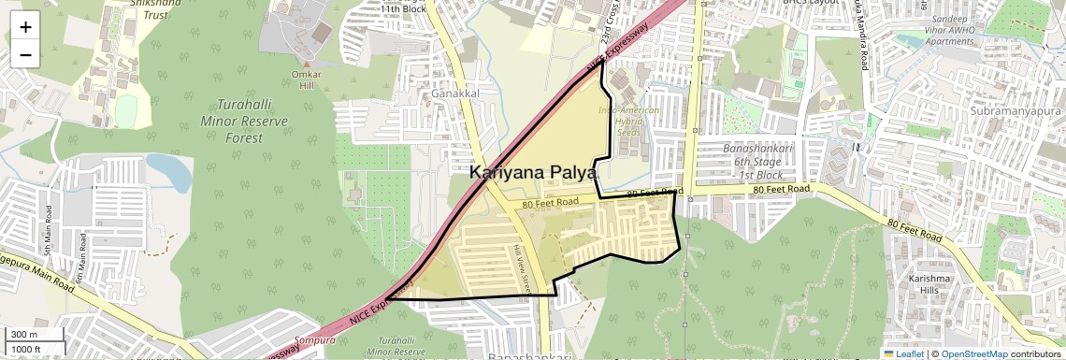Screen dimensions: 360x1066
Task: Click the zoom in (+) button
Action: click(x=25, y=26)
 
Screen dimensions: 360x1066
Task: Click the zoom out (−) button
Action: click(x=25, y=55)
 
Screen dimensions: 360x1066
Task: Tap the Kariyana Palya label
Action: click(x=534, y=173)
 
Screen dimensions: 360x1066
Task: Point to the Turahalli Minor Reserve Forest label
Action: click(x=239, y=121)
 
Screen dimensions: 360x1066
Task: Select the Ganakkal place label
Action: click(x=455, y=94)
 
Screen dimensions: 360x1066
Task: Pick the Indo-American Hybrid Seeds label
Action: click(x=628, y=122)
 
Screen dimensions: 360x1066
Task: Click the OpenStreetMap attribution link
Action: click(x=974, y=353)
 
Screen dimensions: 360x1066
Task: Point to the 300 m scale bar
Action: click(x=36, y=334)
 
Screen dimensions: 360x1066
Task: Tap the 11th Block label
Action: click(x=403, y=8)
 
